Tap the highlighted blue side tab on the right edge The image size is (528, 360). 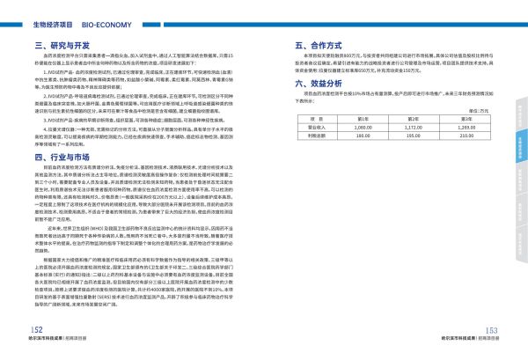tap(520, 139)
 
